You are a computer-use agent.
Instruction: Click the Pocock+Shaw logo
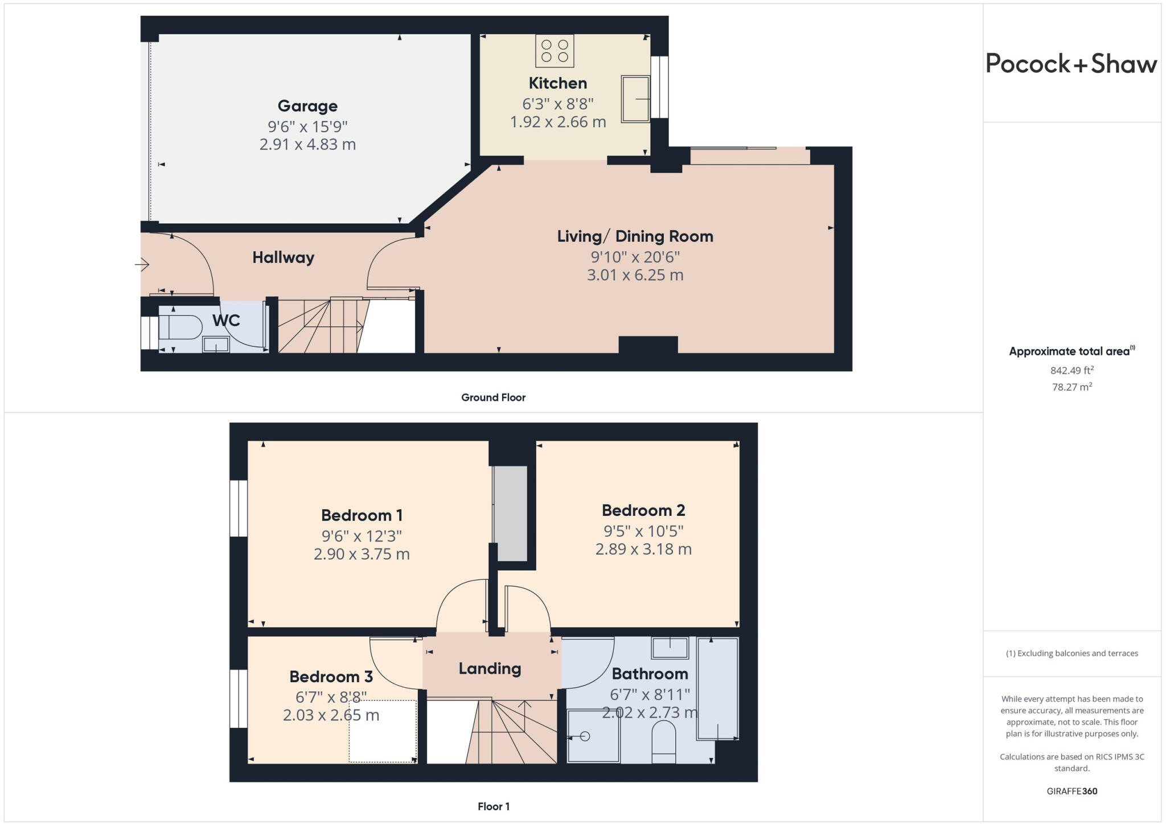pos(1071,63)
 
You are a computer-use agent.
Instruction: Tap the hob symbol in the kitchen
pos(555,51)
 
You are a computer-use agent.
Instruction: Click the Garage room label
pos(307,106)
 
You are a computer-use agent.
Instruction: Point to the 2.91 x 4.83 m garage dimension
pos(307,145)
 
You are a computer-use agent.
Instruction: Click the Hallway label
pos(283,257)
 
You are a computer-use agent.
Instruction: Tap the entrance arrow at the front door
pos(142,264)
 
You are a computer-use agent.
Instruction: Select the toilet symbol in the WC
pos(180,327)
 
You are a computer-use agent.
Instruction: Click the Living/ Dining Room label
pos(635,236)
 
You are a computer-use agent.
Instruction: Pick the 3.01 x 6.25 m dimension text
pos(635,275)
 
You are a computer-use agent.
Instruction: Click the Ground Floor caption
pos(493,397)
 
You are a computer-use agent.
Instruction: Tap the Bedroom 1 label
pos(362,515)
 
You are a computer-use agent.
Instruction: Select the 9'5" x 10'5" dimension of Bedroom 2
pos(643,531)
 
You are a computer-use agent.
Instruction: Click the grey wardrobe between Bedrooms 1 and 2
pos(510,513)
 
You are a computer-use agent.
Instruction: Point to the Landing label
pos(490,669)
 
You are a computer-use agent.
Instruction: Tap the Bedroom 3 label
pos(331,677)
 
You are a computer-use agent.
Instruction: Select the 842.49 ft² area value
pos(1071,370)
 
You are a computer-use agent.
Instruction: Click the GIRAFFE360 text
pos(1071,791)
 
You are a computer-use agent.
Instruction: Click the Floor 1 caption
pos(493,806)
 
